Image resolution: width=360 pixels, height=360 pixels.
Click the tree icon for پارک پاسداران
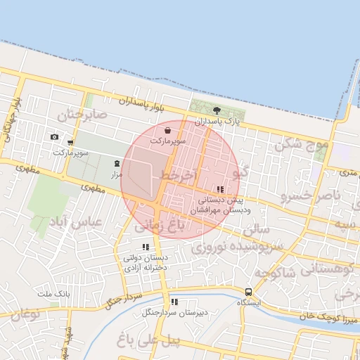pos(217,110)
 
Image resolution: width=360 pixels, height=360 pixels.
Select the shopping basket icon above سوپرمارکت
pos(167,130)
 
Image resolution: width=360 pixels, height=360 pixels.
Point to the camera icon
pos(55,137)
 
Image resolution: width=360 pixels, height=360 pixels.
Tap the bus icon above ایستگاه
pos(248,292)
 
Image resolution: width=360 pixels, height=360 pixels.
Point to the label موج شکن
pos(302,145)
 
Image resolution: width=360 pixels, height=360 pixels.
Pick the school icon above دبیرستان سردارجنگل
pos(174,302)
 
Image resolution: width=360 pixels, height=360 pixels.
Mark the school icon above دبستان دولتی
pos(146,247)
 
